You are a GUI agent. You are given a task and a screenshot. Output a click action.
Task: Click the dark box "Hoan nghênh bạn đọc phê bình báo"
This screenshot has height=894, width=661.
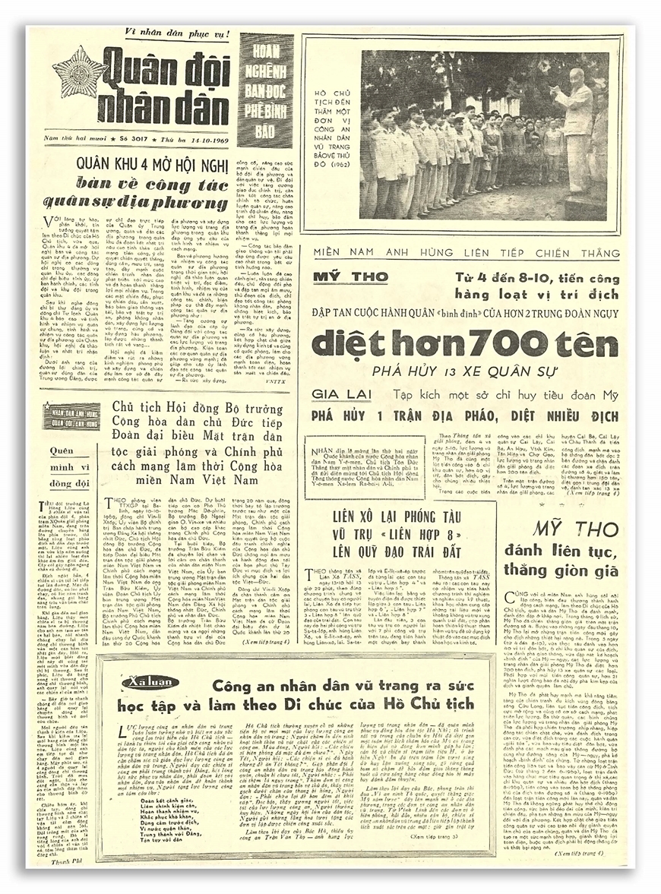(x=265, y=90)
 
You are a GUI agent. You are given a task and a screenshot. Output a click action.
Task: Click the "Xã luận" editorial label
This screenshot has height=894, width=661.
(x=144, y=682)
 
